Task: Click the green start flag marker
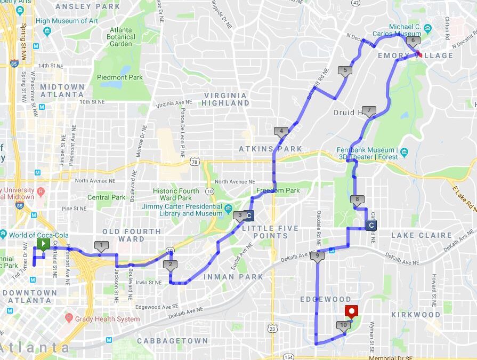[x=43, y=244]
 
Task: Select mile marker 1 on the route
[x=100, y=245]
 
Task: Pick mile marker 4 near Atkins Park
[x=281, y=131]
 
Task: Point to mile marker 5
[x=345, y=70]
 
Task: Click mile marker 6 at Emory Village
[x=412, y=41]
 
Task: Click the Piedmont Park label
[x=120, y=77]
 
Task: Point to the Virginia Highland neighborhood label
[x=225, y=99]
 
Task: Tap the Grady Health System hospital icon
[x=69, y=318]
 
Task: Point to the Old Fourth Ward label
[x=131, y=235]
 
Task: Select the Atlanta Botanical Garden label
[x=121, y=37]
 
